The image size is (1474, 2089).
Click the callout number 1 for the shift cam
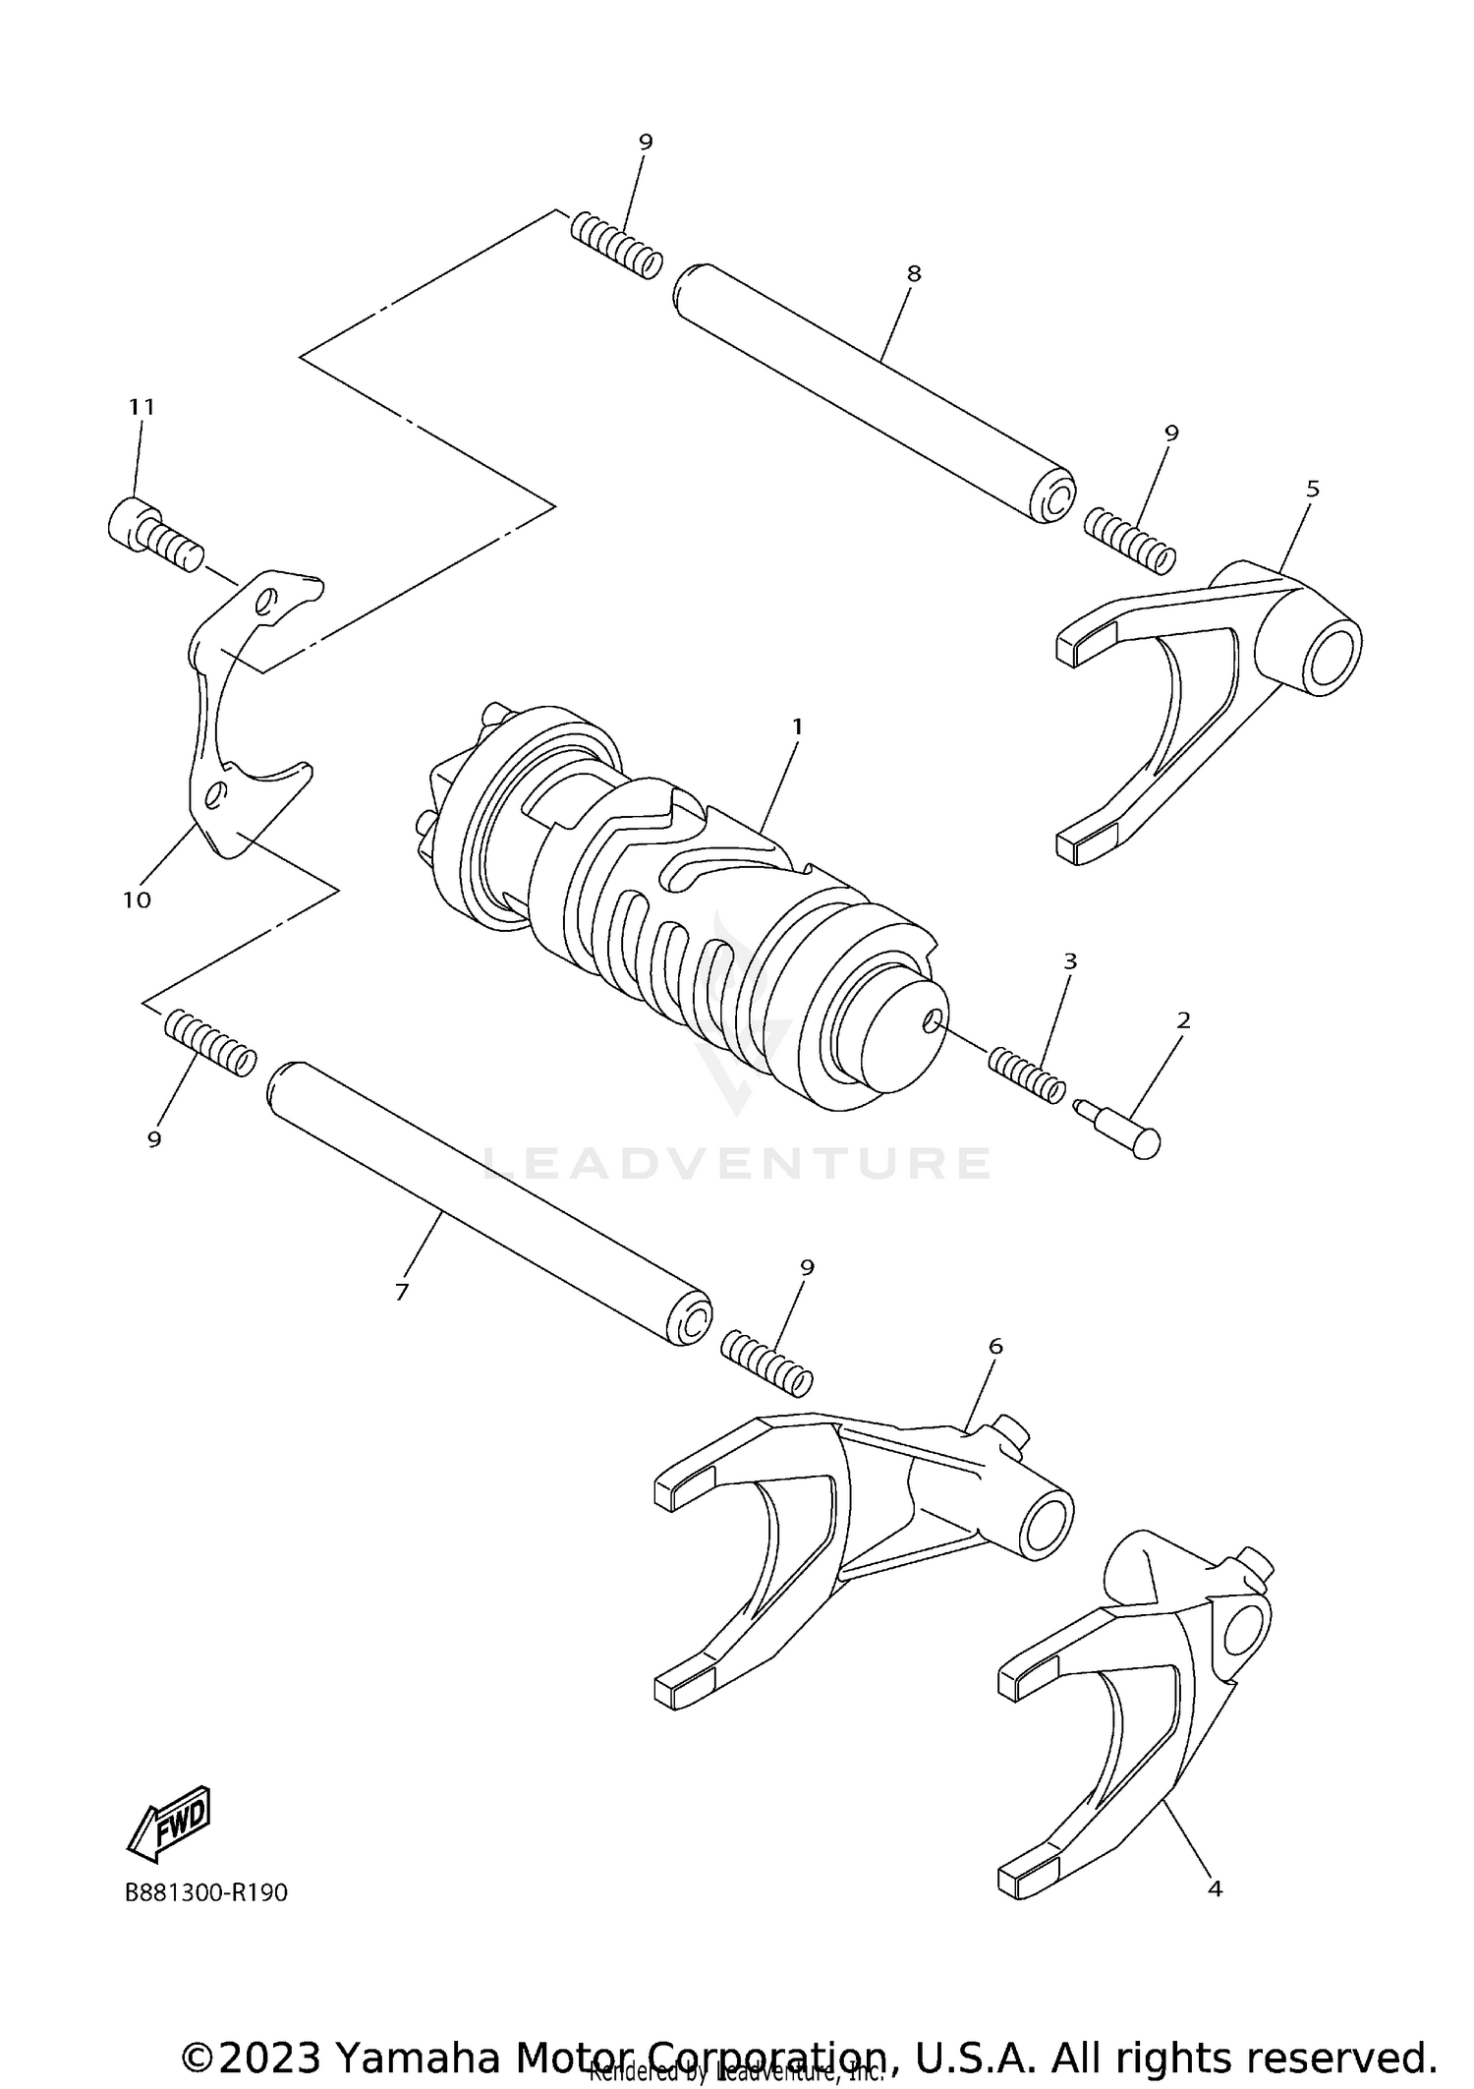tap(797, 726)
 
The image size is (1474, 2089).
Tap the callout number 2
tap(1183, 1020)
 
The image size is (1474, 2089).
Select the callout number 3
tap(1070, 960)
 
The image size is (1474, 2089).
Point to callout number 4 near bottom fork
tap(1215, 1888)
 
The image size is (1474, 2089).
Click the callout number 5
tap(1313, 489)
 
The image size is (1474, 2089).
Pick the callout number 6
tap(995, 1346)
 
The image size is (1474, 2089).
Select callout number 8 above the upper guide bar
tap(914, 273)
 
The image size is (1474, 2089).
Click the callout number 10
tap(137, 899)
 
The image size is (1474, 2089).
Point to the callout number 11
tap(142, 407)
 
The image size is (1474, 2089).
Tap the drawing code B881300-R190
tap(206, 1892)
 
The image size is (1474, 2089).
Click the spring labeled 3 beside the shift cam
tap(1025, 1075)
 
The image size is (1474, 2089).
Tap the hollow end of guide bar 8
tap(1055, 500)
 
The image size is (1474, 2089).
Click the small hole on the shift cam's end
tap(931, 1022)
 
